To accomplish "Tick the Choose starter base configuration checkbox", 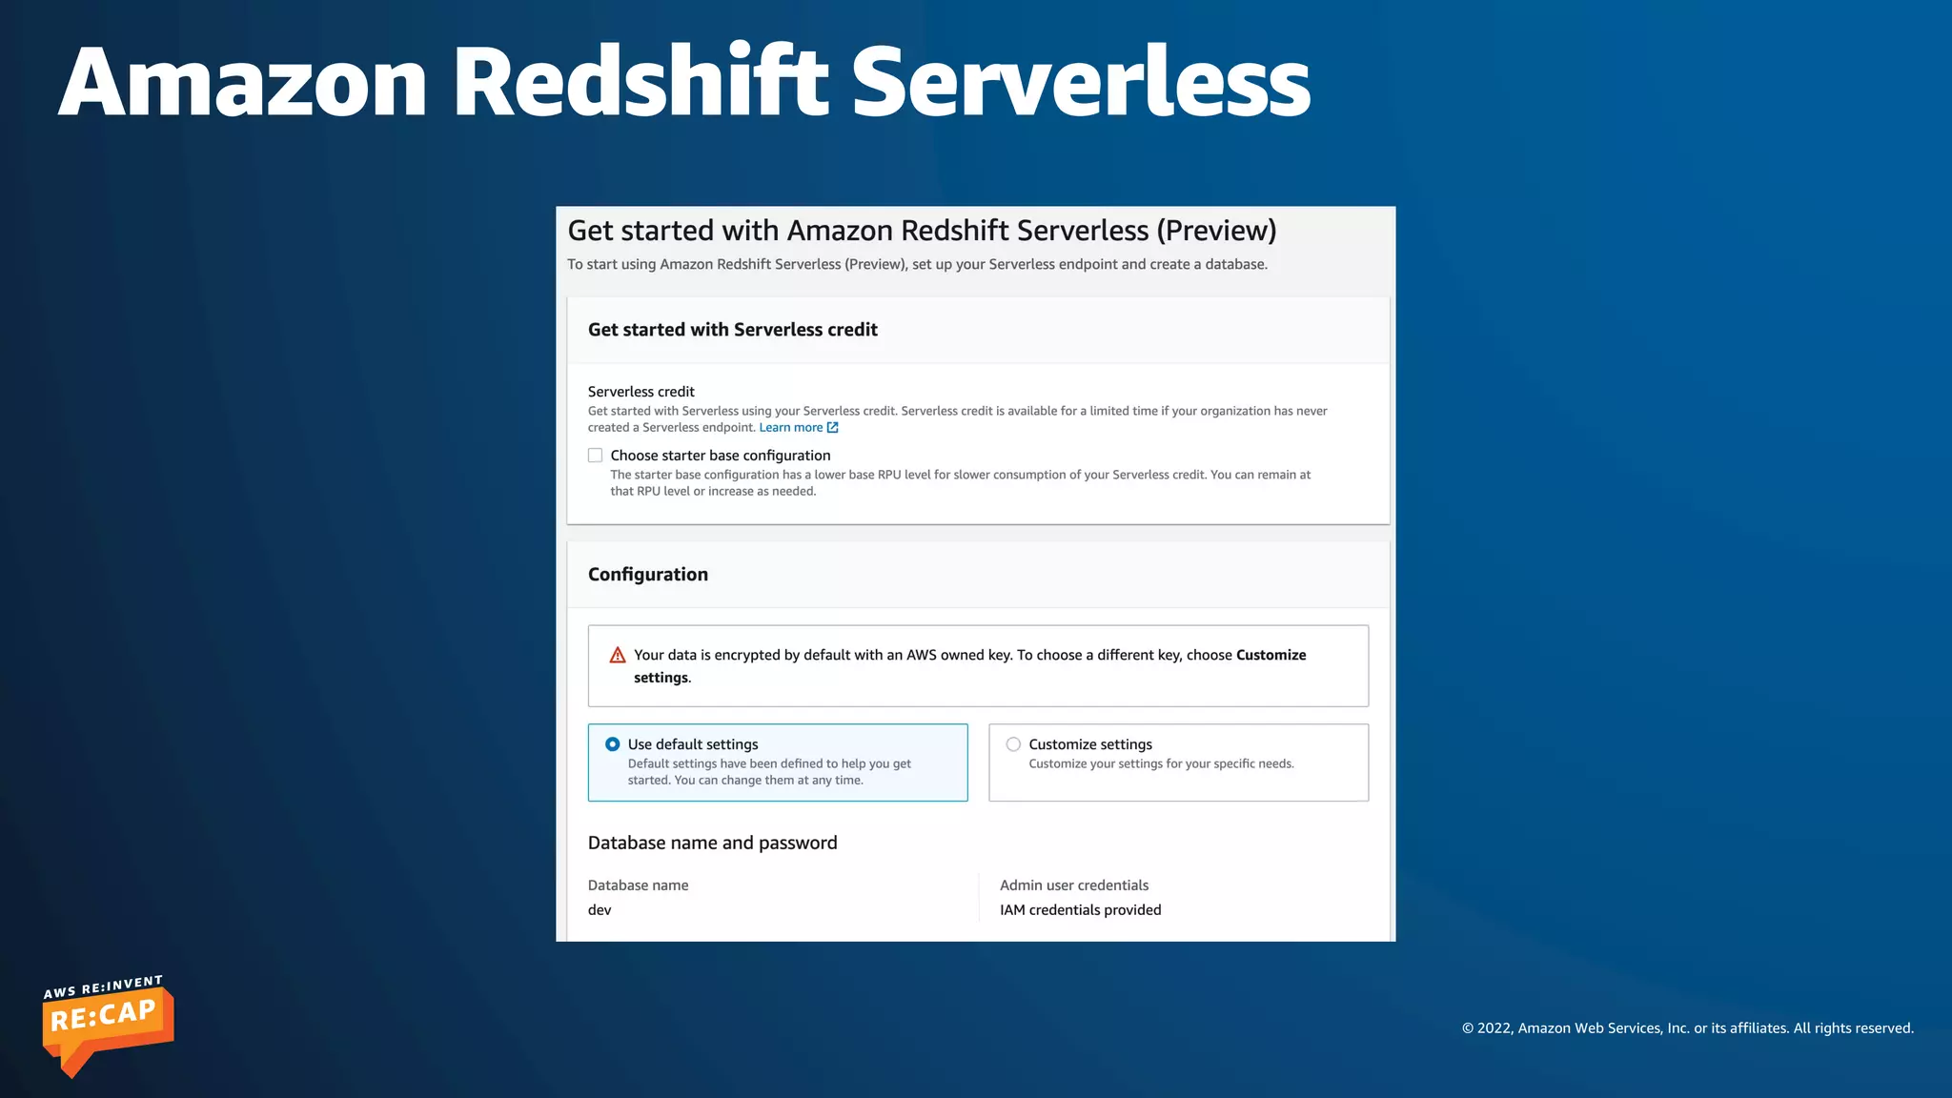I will coord(596,456).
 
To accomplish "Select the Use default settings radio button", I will coord(613,744).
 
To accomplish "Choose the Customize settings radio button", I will coord(1013,744).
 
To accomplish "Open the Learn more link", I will coord(790,428).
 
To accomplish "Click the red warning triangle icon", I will coord(618,656).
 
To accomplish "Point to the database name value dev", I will coord(600,910).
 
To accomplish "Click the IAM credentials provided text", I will coord(1080,910).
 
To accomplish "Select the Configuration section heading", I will coord(648,575).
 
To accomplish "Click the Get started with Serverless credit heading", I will coord(732,330).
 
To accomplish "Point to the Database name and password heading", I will coord(712,844).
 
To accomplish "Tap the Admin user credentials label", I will coord(1074,885).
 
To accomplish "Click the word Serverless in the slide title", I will coord(1080,84).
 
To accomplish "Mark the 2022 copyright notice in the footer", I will coord(1687,1028).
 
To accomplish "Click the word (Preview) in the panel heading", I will coord(1216,231).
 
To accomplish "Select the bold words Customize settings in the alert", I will coord(1271,656).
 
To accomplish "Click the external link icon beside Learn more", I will coord(833,428).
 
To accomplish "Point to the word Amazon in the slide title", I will coord(243,84).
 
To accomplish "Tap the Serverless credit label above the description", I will coord(640,392).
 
